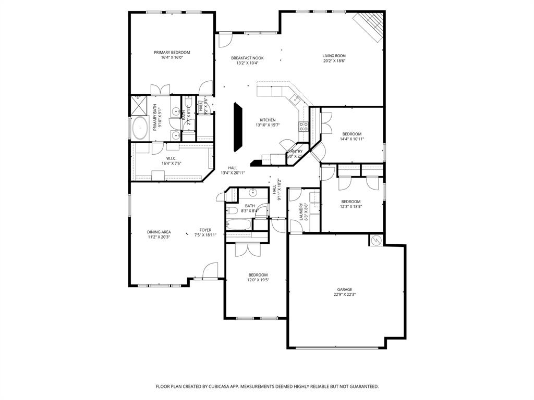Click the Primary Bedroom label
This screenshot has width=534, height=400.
tap(172, 52)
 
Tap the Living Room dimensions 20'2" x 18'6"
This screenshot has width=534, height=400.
tap(334, 61)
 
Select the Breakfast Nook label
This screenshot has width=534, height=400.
tap(247, 58)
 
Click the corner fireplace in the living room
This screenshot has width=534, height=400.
tap(370, 25)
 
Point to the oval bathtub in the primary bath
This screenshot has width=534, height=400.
tap(140, 128)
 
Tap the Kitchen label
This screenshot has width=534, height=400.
tap(268, 120)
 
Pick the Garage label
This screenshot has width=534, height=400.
tap(344, 289)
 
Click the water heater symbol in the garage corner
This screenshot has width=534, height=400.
tap(376, 240)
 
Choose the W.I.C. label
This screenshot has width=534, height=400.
tap(171, 158)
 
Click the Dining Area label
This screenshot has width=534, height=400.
tap(159, 232)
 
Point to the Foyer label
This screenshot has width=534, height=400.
tap(205, 230)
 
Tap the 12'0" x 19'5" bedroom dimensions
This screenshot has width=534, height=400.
tap(258, 280)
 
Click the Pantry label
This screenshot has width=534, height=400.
tap(296, 151)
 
